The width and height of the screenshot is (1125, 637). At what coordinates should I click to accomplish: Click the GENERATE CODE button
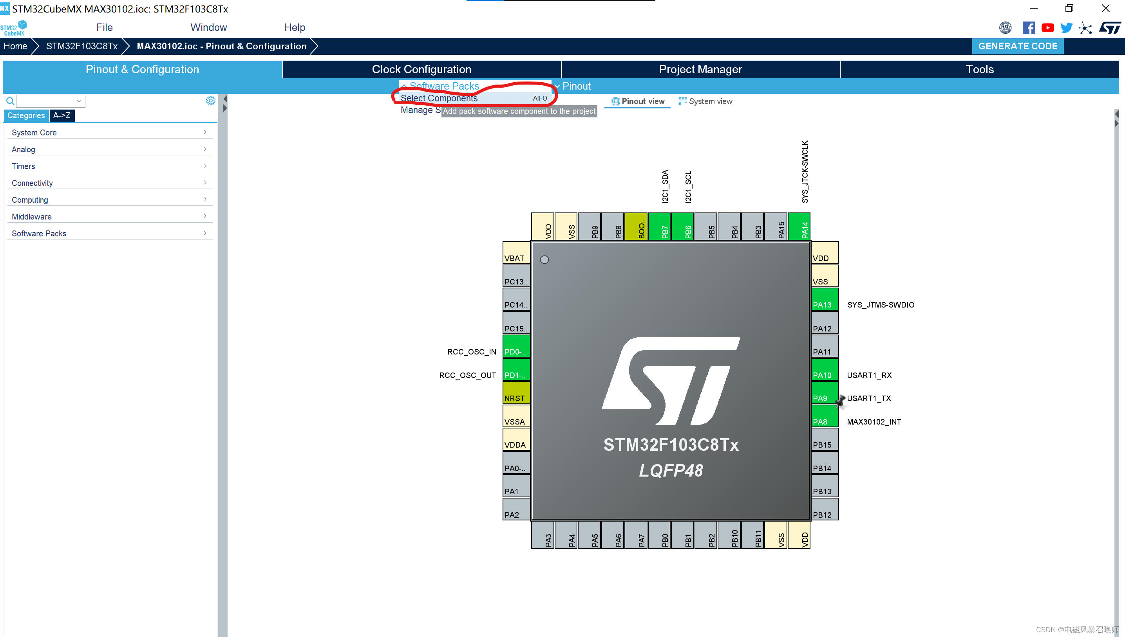pyautogui.click(x=1017, y=46)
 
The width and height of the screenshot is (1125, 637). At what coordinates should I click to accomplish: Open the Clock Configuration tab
pyautogui.click(x=421, y=69)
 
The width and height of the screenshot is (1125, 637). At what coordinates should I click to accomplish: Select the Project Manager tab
pyautogui.click(x=700, y=69)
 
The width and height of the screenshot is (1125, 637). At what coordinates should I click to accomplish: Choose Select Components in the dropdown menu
pyautogui.click(x=439, y=98)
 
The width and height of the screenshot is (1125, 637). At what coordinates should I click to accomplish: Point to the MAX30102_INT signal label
pyautogui.click(x=874, y=422)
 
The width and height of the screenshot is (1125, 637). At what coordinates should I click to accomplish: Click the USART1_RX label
pyautogui.click(x=869, y=375)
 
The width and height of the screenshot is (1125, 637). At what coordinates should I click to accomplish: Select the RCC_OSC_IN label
pyautogui.click(x=472, y=352)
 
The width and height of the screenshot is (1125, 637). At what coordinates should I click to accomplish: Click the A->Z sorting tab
pyautogui.click(x=62, y=115)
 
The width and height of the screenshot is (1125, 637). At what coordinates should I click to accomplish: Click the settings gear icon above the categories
pyautogui.click(x=211, y=101)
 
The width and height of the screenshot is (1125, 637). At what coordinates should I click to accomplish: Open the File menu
pyautogui.click(x=104, y=27)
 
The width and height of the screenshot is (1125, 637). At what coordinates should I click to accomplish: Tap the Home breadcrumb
pyautogui.click(x=15, y=46)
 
